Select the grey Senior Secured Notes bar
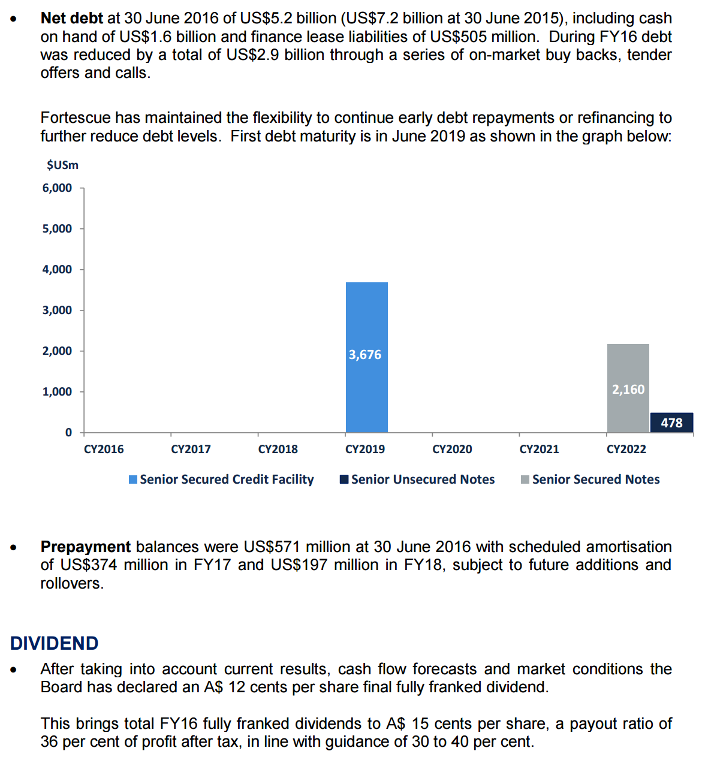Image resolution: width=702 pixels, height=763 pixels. pyautogui.click(x=628, y=366)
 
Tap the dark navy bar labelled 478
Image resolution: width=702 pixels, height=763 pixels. pyautogui.click(x=671, y=423)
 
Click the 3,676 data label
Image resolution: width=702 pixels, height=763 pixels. pyautogui.click(x=365, y=355)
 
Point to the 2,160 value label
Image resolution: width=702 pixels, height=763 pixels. pyautogui.click(x=628, y=390)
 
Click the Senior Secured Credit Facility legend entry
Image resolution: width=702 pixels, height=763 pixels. pyautogui.click(x=221, y=479)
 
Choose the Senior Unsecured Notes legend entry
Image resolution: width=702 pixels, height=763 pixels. pyautogui.click(x=417, y=479)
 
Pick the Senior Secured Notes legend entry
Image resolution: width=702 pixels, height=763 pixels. pyautogui.click(x=590, y=479)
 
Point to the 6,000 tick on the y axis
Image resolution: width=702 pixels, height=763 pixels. pyautogui.click(x=57, y=188)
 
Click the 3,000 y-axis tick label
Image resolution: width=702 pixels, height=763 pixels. pyautogui.click(x=57, y=310)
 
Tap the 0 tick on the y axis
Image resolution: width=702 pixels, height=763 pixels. pyautogui.click(x=68, y=433)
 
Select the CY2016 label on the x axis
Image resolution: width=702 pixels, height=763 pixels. pyautogui.click(x=104, y=450)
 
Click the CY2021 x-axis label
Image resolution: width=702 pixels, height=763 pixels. pyautogui.click(x=539, y=450)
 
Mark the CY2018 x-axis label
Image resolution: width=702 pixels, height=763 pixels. pyautogui.click(x=278, y=450)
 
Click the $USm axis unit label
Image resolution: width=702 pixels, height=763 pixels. pyautogui.click(x=62, y=165)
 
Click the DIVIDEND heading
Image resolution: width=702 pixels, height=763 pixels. pyautogui.click(x=55, y=643)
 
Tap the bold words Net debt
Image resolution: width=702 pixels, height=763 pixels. pyautogui.click(x=72, y=19)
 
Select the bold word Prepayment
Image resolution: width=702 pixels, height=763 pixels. pyautogui.click(x=86, y=547)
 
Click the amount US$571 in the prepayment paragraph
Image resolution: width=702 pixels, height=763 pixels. pyautogui.click(x=272, y=547)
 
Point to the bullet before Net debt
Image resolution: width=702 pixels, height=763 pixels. pyautogui.click(x=14, y=19)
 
